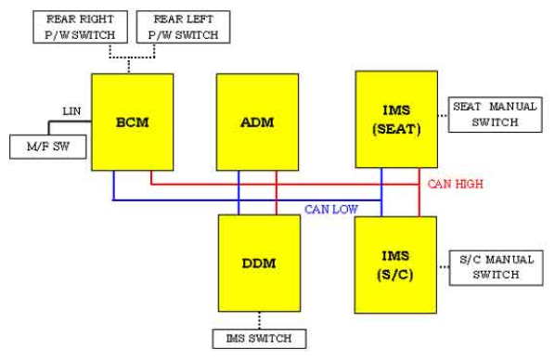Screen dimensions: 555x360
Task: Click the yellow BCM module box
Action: click(x=133, y=122)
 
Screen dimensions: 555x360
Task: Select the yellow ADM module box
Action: click(x=257, y=122)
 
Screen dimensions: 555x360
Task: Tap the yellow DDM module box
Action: click(x=259, y=264)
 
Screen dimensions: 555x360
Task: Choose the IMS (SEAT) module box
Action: click(x=396, y=120)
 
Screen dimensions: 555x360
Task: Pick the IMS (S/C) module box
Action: click(x=395, y=265)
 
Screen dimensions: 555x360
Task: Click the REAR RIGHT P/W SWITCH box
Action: click(x=81, y=27)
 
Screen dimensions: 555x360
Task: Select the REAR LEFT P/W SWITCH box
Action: click(x=184, y=27)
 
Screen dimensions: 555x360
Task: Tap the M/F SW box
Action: click(x=47, y=147)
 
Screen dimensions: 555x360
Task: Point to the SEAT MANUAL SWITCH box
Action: click(x=496, y=115)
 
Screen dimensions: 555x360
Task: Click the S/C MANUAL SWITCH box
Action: click(x=497, y=267)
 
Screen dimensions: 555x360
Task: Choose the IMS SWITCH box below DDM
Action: click(x=259, y=339)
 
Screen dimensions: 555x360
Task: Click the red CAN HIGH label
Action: click(x=455, y=184)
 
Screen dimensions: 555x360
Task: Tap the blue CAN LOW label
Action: click(x=331, y=209)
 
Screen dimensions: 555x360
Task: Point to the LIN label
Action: click(x=71, y=111)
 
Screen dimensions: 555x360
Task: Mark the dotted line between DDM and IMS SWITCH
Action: click(x=260, y=321)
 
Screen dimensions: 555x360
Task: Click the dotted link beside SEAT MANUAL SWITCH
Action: click(x=443, y=115)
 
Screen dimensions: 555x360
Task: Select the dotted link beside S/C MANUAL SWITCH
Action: click(x=444, y=267)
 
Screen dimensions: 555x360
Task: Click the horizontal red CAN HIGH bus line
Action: click(x=285, y=185)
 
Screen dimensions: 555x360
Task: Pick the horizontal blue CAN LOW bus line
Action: click(x=247, y=200)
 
